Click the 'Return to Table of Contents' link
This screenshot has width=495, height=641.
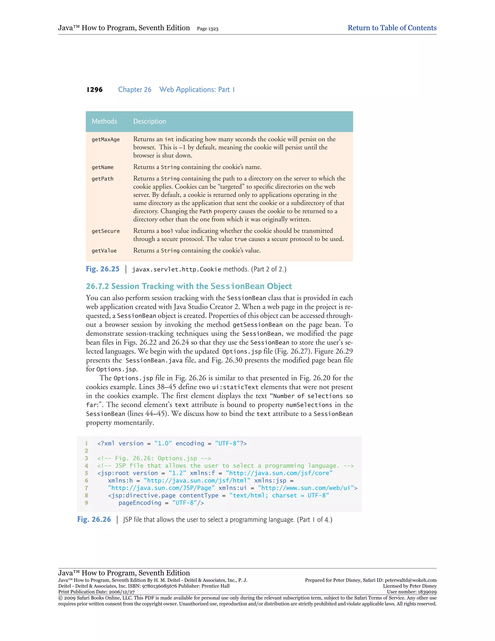point(392,28)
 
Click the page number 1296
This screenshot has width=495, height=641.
point(95,90)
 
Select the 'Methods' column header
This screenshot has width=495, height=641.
point(104,121)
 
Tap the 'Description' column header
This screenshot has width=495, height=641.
point(150,121)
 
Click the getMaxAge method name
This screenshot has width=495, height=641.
point(106,139)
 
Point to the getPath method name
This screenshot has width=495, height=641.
point(102,179)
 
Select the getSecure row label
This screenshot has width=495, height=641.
point(106,231)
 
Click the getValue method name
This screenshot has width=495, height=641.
point(104,251)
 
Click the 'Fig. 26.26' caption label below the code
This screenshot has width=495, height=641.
point(94,520)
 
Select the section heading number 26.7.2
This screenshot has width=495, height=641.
point(97,286)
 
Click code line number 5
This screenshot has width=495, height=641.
point(87,473)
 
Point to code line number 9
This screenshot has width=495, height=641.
point(87,503)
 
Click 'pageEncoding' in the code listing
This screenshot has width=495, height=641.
point(140,503)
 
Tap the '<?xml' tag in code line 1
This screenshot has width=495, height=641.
point(106,443)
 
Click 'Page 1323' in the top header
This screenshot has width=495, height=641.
point(208,29)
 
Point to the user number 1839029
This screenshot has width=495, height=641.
point(426,592)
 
